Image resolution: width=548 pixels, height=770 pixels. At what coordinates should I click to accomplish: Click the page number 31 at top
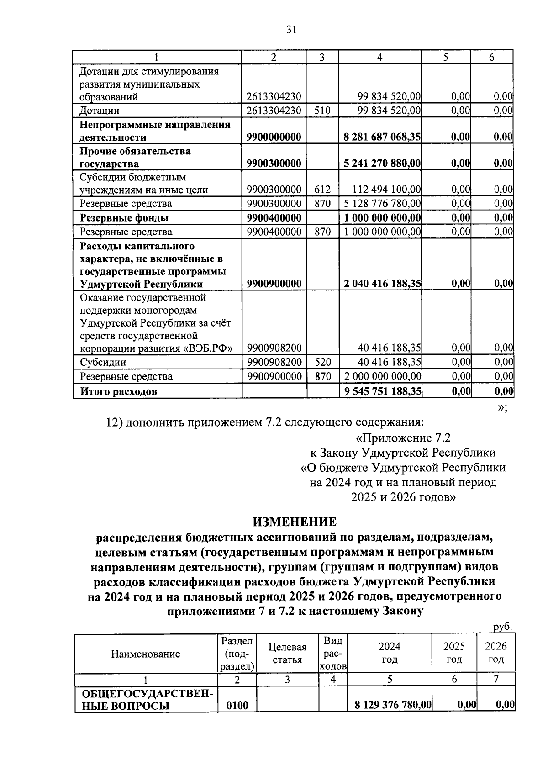click(x=291, y=30)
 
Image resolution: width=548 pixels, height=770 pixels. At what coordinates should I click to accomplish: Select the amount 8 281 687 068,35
click(x=382, y=137)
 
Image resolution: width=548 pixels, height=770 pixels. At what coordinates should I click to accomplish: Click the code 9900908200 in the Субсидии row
click(x=274, y=362)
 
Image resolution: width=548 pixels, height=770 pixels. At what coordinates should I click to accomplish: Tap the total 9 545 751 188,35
click(x=382, y=391)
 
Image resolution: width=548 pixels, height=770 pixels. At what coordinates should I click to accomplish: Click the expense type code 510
click(x=322, y=111)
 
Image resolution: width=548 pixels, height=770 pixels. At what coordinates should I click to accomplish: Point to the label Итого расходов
click(x=119, y=391)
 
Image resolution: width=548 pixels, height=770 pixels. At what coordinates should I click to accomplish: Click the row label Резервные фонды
click(x=124, y=218)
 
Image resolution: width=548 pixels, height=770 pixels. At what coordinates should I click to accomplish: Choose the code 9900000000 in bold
click(x=274, y=137)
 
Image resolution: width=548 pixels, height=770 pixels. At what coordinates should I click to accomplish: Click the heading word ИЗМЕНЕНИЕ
click(x=295, y=522)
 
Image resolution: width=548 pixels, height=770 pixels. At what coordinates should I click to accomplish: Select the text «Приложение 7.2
click(x=403, y=438)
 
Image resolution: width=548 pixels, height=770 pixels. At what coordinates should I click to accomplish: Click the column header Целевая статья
click(x=287, y=653)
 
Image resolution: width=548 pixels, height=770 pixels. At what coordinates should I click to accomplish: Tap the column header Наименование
click(x=145, y=654)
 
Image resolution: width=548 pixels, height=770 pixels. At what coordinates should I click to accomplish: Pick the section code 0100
click(x=237, y=706)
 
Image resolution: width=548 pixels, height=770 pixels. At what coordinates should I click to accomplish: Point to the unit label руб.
click(x=503, y=628)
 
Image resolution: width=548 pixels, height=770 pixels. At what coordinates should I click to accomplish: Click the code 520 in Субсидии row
click(x=322, y=362)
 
